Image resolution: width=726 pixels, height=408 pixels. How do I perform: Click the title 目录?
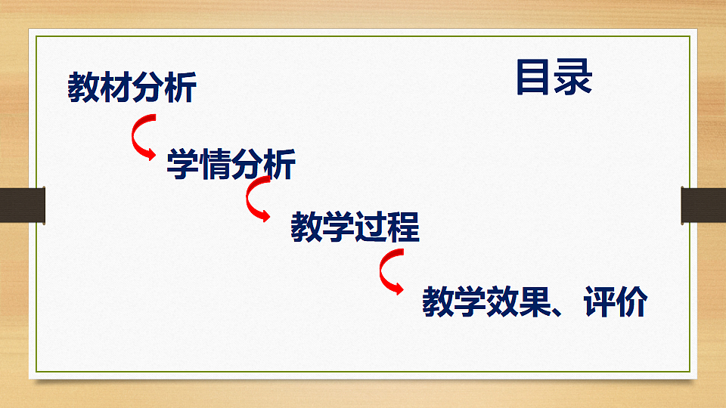coord(554,78)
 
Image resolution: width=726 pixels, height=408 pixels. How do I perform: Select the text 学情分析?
coord(231,165)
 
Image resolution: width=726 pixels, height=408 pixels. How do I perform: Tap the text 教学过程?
coord(355,227)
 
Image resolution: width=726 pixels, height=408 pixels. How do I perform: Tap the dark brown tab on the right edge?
coord(703,204)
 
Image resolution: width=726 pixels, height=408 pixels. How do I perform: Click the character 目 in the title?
coord(534,78)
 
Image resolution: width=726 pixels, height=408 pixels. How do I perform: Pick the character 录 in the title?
coord(573,78)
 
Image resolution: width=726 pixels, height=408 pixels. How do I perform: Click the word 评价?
coord(616,303)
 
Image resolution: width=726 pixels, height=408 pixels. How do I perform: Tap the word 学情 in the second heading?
coord(198,165)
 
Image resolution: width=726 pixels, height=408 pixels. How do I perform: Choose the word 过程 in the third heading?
coord(387,227)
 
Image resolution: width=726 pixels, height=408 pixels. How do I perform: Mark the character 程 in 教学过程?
coord(403,227)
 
